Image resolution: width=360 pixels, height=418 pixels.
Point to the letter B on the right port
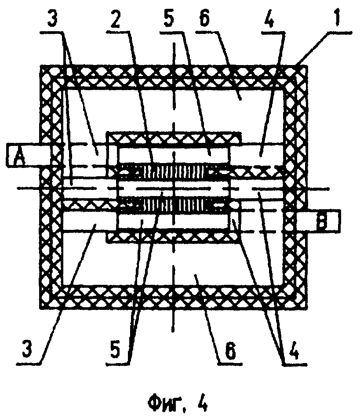[x=322, y=221]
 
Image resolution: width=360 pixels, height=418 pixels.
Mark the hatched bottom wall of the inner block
[x=174, y=236]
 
